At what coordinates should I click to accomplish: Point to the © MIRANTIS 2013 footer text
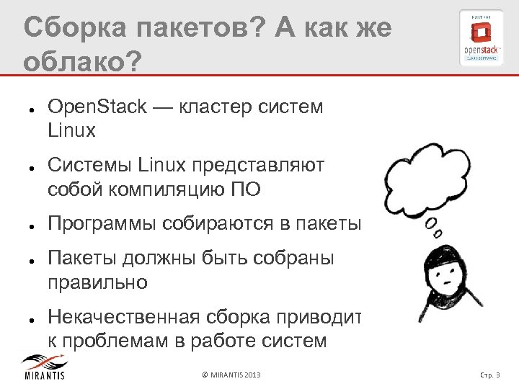[x=231, y=375]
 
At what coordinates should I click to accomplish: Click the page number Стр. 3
[x=494, y=375]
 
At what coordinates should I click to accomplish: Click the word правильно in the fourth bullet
[x=97, y=282]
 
